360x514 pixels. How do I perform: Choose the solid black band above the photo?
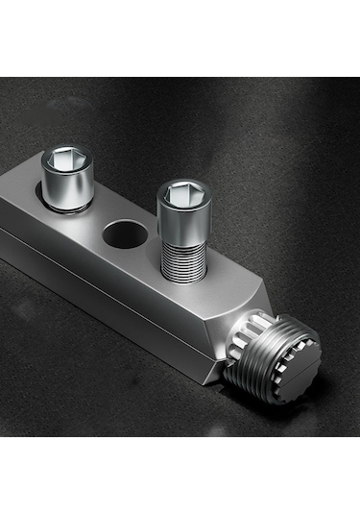(x=180, y=38)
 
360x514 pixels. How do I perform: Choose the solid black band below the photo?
(x=180, y=476)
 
